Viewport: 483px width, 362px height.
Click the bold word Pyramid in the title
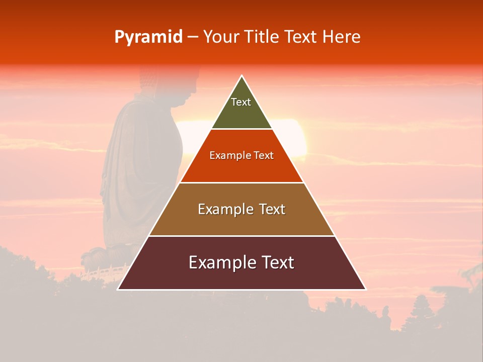pos(148,37)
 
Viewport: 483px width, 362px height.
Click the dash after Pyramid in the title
pos(193,37)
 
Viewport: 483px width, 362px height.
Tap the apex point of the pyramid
pos(242,76)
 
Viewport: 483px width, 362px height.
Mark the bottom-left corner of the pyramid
pos(118,289)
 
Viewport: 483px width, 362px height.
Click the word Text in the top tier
pos(241,102)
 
